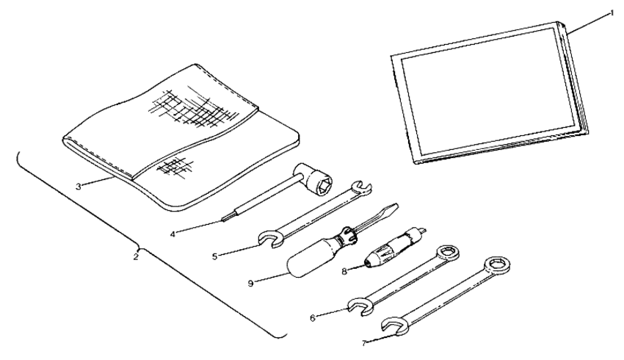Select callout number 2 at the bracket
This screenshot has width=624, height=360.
point(136,257)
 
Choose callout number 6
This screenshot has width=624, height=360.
point(314,317)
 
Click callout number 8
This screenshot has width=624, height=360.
point(345,270)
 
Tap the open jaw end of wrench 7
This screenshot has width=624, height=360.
point(393,325)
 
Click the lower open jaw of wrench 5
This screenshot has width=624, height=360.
point(269,238)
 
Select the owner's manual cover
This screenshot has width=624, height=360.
point(485,92)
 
